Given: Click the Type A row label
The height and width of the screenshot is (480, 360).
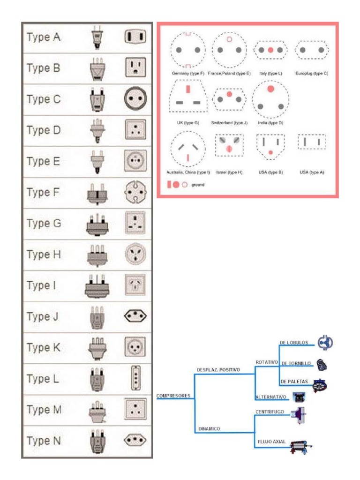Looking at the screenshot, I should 44,37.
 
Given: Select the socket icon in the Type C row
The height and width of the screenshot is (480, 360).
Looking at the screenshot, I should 135,99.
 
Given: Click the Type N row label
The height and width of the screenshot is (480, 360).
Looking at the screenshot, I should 44,441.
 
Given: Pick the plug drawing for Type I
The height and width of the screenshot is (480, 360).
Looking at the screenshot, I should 97,285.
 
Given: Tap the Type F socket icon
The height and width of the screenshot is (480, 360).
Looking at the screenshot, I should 135,192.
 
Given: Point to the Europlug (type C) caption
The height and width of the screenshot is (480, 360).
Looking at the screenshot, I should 312,74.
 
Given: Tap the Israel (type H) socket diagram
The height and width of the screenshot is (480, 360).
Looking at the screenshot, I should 229,145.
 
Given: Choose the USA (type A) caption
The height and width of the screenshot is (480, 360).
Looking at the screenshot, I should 312,172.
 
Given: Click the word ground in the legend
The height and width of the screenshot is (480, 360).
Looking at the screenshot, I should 198,185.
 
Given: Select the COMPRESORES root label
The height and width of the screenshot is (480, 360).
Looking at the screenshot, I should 173,396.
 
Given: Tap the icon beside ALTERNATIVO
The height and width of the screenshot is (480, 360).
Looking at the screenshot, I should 299,397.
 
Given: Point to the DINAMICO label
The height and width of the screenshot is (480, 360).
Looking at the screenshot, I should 209,428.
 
